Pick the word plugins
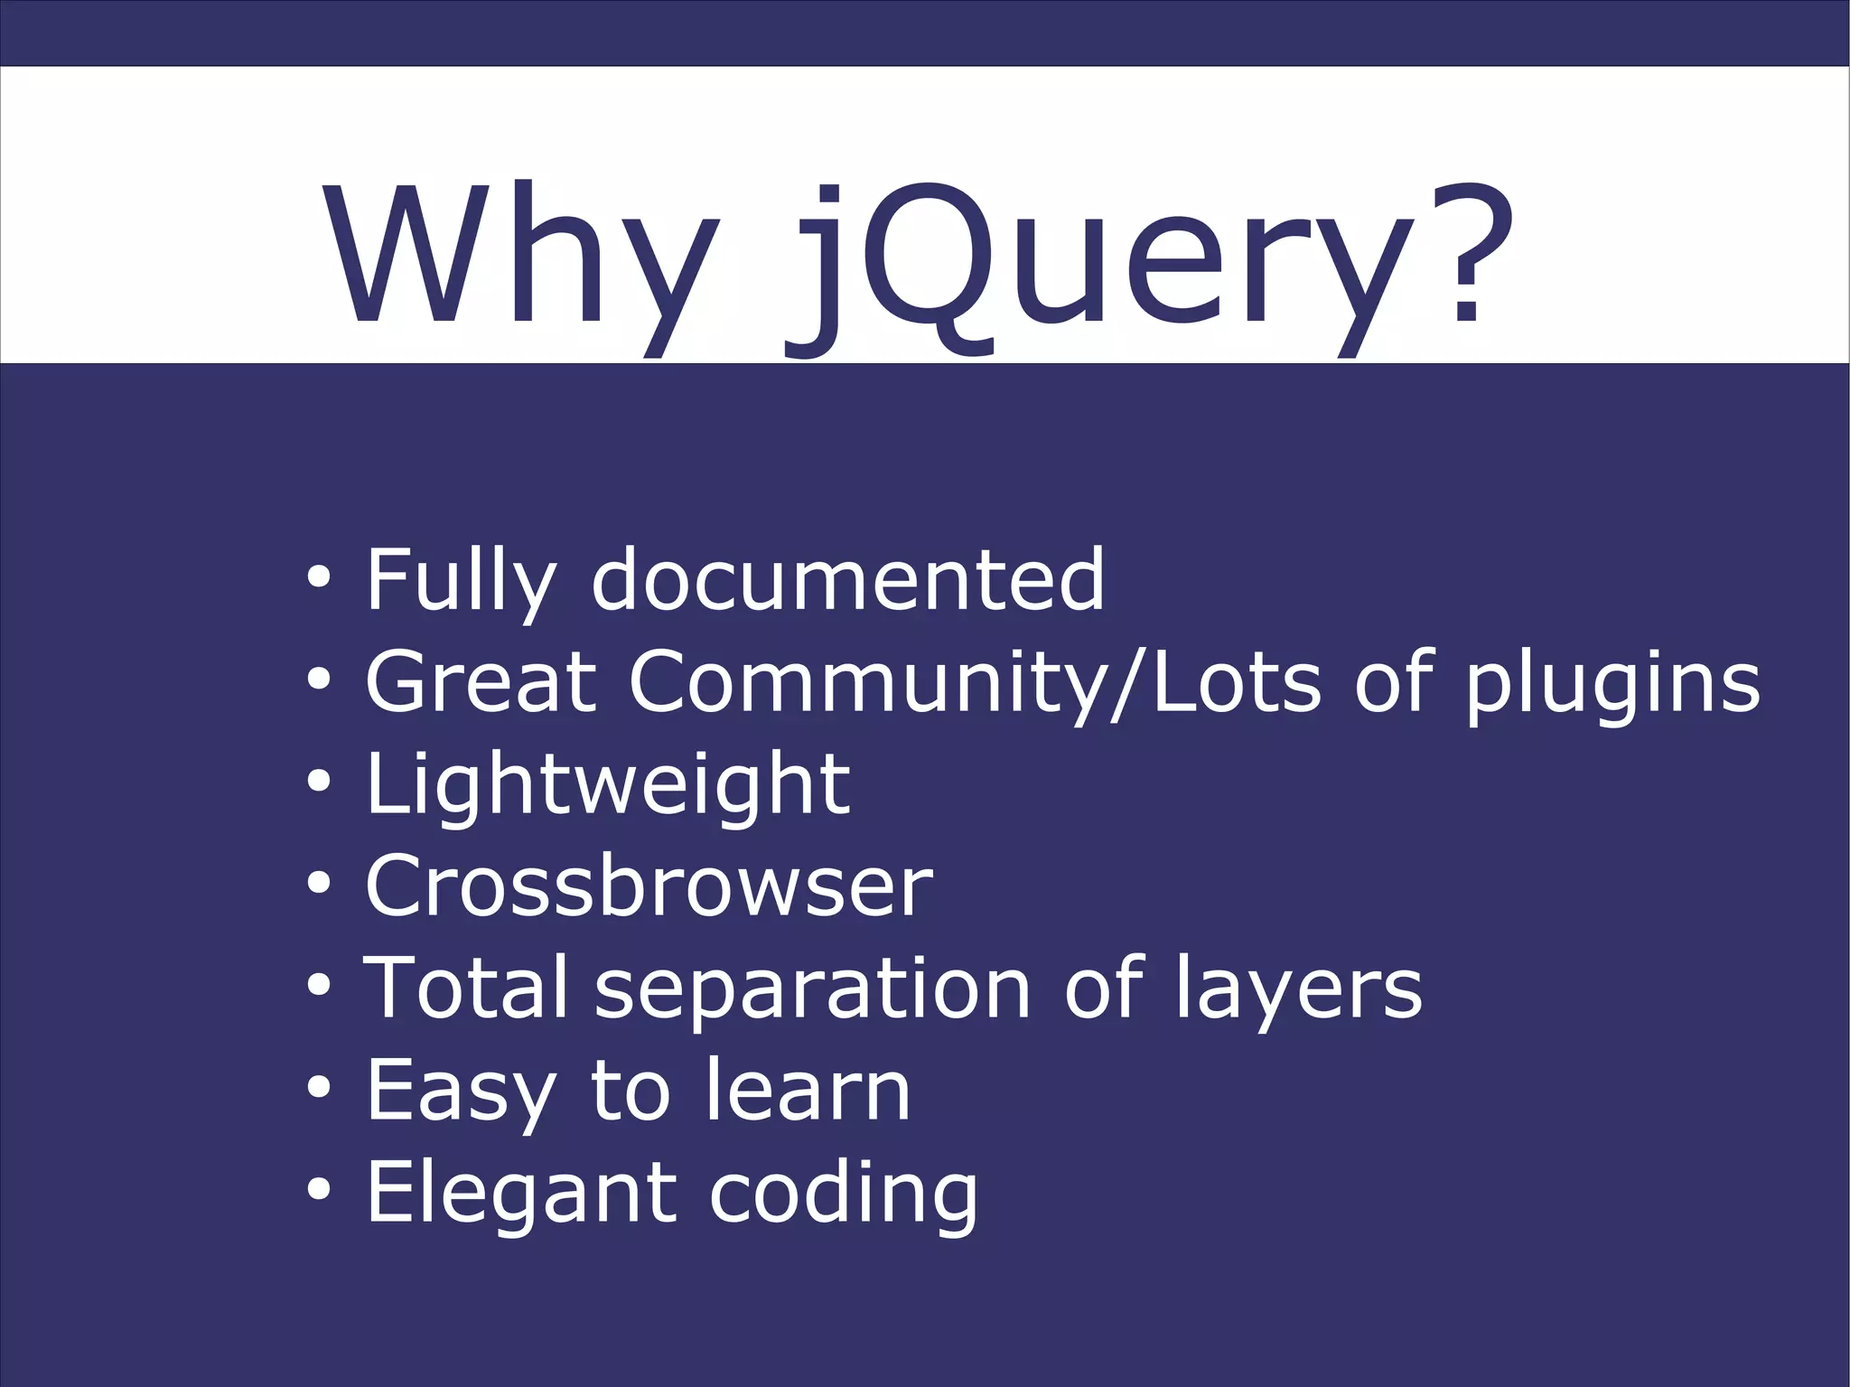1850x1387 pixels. (1612, 684)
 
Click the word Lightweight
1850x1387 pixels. (607, 785)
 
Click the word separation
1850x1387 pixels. (812, 992)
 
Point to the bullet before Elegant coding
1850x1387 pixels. (318, 1190)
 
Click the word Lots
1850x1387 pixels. (1238, 681)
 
